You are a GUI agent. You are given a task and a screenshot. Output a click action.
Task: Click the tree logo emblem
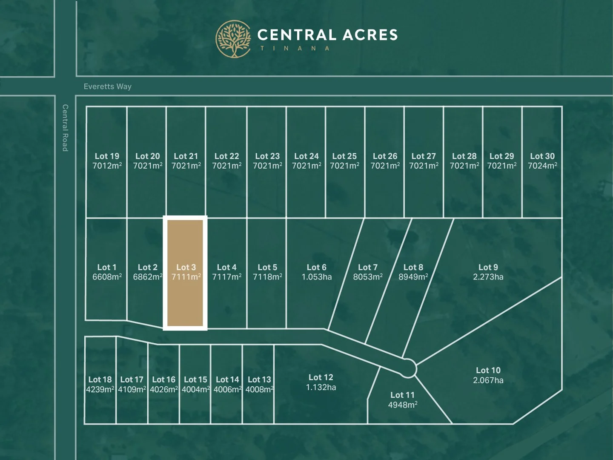[x=233, y=39]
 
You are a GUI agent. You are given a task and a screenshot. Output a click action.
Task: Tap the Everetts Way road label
[x=107, y=86]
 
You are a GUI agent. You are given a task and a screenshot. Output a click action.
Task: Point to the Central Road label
[x=65, y=128]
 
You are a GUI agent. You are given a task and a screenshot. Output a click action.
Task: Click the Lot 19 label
[x=107, y=156]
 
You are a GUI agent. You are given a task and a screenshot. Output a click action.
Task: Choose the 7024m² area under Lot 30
[x=542, y=166]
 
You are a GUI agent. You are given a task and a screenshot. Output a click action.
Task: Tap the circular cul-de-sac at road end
[x=408, y=368]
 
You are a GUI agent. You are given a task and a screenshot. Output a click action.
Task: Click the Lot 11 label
[x=402, y=395]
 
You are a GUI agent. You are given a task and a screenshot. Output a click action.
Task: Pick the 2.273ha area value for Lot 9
[x=488, y=277]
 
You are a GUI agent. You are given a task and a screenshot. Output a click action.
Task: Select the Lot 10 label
[x=488, y=371]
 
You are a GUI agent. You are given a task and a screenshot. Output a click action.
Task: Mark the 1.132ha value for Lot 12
[x=321, y=388]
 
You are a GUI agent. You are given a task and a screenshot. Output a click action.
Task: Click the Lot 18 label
[x=100, y=379]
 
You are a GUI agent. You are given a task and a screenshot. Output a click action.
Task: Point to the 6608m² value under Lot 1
[x=107, y=277]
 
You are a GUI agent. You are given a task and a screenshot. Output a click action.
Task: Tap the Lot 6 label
[x=316, y=267]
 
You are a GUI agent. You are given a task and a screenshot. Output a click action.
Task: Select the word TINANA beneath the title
[x=295, y=49]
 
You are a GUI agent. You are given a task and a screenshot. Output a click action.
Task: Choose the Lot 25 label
[x=344, y=156]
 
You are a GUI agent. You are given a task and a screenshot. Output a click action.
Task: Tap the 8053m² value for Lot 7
[x=367, y=277]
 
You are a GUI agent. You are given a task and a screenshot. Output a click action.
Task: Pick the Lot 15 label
[x=195, y=379]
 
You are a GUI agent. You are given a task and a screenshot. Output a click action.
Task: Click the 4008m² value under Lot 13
[x=259, y=390]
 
